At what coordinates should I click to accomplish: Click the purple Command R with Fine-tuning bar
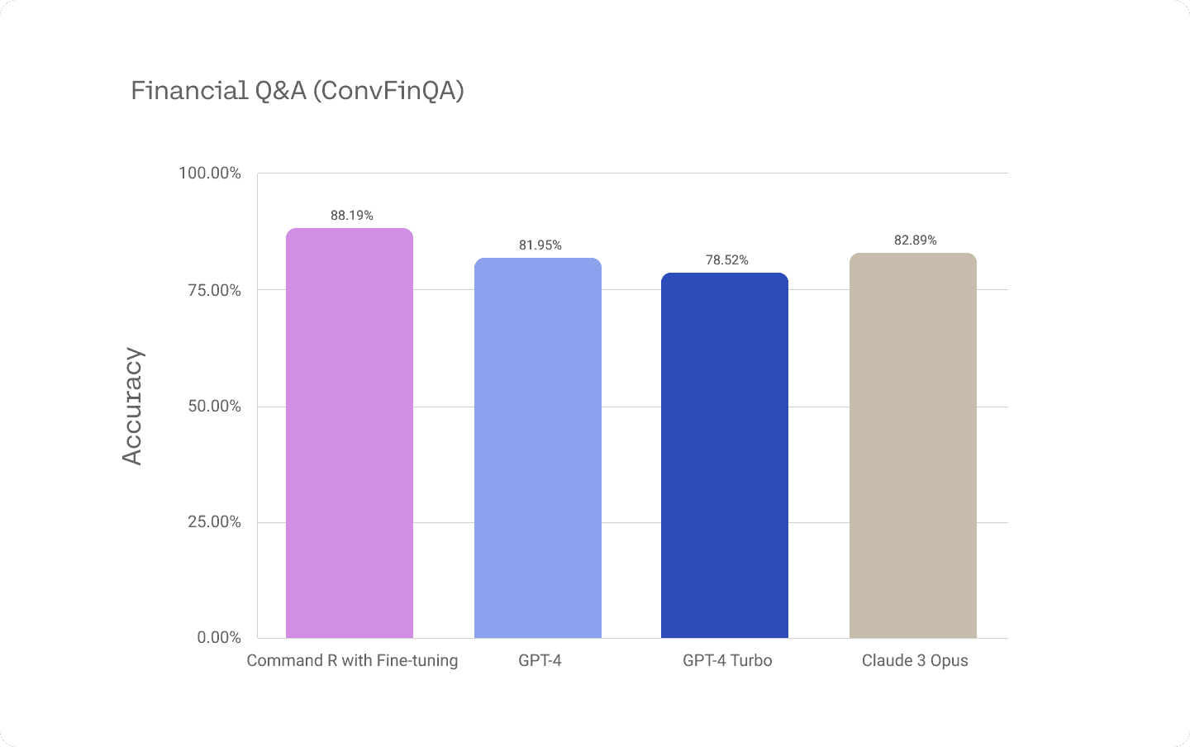[350, 433]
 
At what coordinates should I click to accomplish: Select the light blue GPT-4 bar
[538, 448]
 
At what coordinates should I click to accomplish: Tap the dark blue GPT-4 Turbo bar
[725, 455]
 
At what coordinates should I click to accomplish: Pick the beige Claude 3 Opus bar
[913, 445]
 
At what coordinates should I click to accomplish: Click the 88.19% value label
[352, 216]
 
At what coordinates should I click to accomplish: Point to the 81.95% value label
[540, 245]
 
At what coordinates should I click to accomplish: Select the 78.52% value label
[727, 260]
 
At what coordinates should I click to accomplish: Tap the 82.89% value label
[916, 240]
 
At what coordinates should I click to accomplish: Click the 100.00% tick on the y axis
[210, 174]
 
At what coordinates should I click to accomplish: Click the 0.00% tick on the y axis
[219, 638]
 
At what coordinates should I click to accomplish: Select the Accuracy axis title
[132, 406]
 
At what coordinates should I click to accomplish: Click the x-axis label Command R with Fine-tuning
[352, 661]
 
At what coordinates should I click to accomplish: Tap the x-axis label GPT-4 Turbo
[727, 661]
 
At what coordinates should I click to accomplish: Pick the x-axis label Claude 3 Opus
[915, 661]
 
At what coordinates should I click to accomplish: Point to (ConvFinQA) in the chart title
[388, 90]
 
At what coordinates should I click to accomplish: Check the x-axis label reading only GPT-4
[540, 661]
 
